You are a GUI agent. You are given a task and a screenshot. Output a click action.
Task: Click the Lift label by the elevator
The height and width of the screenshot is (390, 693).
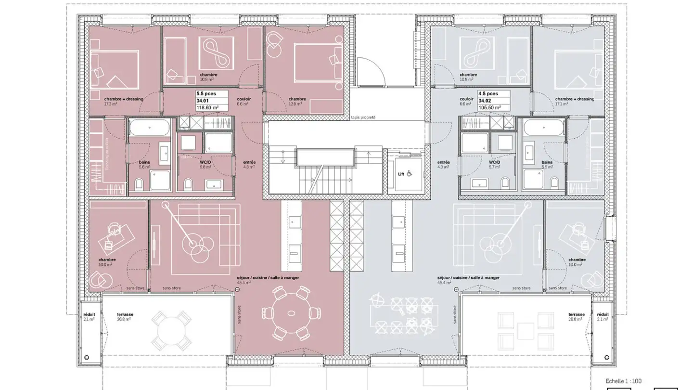pyautogui.click(x=401, y=174)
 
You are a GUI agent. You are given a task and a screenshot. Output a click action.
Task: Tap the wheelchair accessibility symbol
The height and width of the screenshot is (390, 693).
pyautogui.click(x=410, y=173)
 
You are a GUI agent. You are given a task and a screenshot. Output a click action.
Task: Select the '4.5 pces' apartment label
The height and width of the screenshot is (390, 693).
pyautogui.click(x=488, y=94)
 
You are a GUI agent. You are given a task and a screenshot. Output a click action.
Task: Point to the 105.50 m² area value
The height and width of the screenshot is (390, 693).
pyautogui.click(x=490, y=108)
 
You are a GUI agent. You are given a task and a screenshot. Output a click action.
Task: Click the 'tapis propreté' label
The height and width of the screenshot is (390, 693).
pyautogui.click(x=363, y=117)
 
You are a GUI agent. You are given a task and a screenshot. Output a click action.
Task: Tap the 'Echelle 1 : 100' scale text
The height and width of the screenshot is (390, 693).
pyautogui.click(x=624, y=381)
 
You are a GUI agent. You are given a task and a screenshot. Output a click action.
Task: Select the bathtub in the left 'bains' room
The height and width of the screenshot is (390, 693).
pyautogui.click(x=149, y=129)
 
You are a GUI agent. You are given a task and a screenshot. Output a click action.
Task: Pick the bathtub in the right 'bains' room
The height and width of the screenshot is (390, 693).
pyautogui.click(x=543, y=129)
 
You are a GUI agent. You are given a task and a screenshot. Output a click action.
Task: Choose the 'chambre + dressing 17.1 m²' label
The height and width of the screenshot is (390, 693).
pyautogui.click(x=575, y=101)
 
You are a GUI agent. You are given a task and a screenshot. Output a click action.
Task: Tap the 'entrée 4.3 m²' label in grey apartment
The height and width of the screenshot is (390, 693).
pyautogui.click(x=444, y=165)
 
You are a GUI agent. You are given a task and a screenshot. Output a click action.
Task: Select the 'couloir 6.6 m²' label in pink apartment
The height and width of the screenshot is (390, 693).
pyautogui.click(x=244, y=101)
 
